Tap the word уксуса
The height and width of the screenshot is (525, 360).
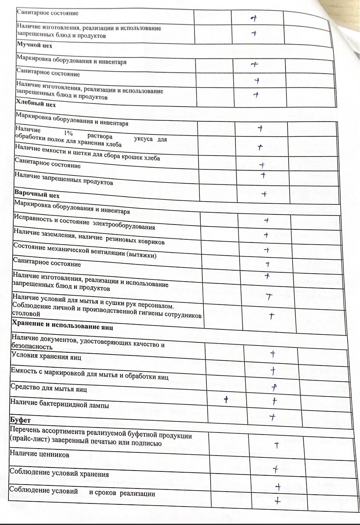pyautogui.click(x=143, y=139)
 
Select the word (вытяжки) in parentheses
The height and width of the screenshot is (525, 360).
pyautogui.click(x=141, y=255)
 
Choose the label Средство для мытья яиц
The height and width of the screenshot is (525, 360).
pyautogui.click(x=49, y=389)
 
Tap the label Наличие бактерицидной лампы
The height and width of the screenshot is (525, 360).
pyautogui.click(x=60, y=405)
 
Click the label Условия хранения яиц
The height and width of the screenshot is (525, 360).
pyautogui.click(x=46, y=356)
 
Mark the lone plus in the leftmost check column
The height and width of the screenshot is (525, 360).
pyautogui.click(x=227, y=399)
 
